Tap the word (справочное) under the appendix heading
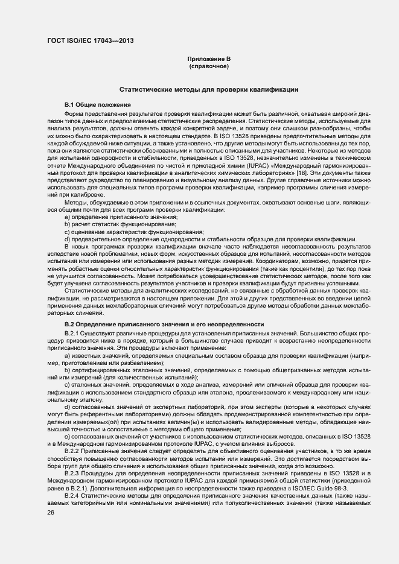(208, 66)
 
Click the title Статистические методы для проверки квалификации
(208, 89)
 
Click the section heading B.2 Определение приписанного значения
(164, 325)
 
